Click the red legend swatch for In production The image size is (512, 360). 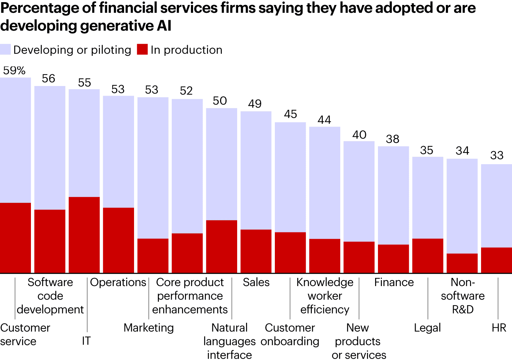pyautogui.click(x=142, y=49)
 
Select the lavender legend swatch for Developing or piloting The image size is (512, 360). pyautogui.click(x=5, y=49)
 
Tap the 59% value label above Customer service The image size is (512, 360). pyautogui.click(x=14, y=70)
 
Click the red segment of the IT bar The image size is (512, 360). pyautogui.click(x=84, y=235)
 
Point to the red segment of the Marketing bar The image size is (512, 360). pyautogui.click(x=153, y=256)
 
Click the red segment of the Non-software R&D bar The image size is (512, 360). pyautogui.click(x=462, y=263)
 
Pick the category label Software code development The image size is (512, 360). pyautogui.click(x=50, y=296)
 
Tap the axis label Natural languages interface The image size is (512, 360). pyautogui.click(x=229, y=341)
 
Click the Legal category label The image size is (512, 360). pyautogui.click(x=427, y=328)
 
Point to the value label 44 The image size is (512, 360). pyautogui.click(x=324, y=120)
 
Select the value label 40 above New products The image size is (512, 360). pyautogui.click(x=359, y=135)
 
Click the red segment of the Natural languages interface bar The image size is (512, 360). pyautogui.click(x=222, y=246)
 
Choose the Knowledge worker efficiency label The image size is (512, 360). pyautogui.click(x=325, y=296)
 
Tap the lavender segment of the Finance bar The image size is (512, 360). pyautogui.click(x=393, y=195)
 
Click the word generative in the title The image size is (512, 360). pyautogui.click(x=119, y=26)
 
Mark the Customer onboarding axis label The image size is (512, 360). pyautogui.click(x=290, y=334)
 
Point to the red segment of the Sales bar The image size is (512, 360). pyautogui.click(x=256, y=251)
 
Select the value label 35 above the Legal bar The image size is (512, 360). pyautogui.click(x=427, y=150)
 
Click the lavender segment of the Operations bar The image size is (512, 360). pyautogui.click(x=118, y=151)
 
